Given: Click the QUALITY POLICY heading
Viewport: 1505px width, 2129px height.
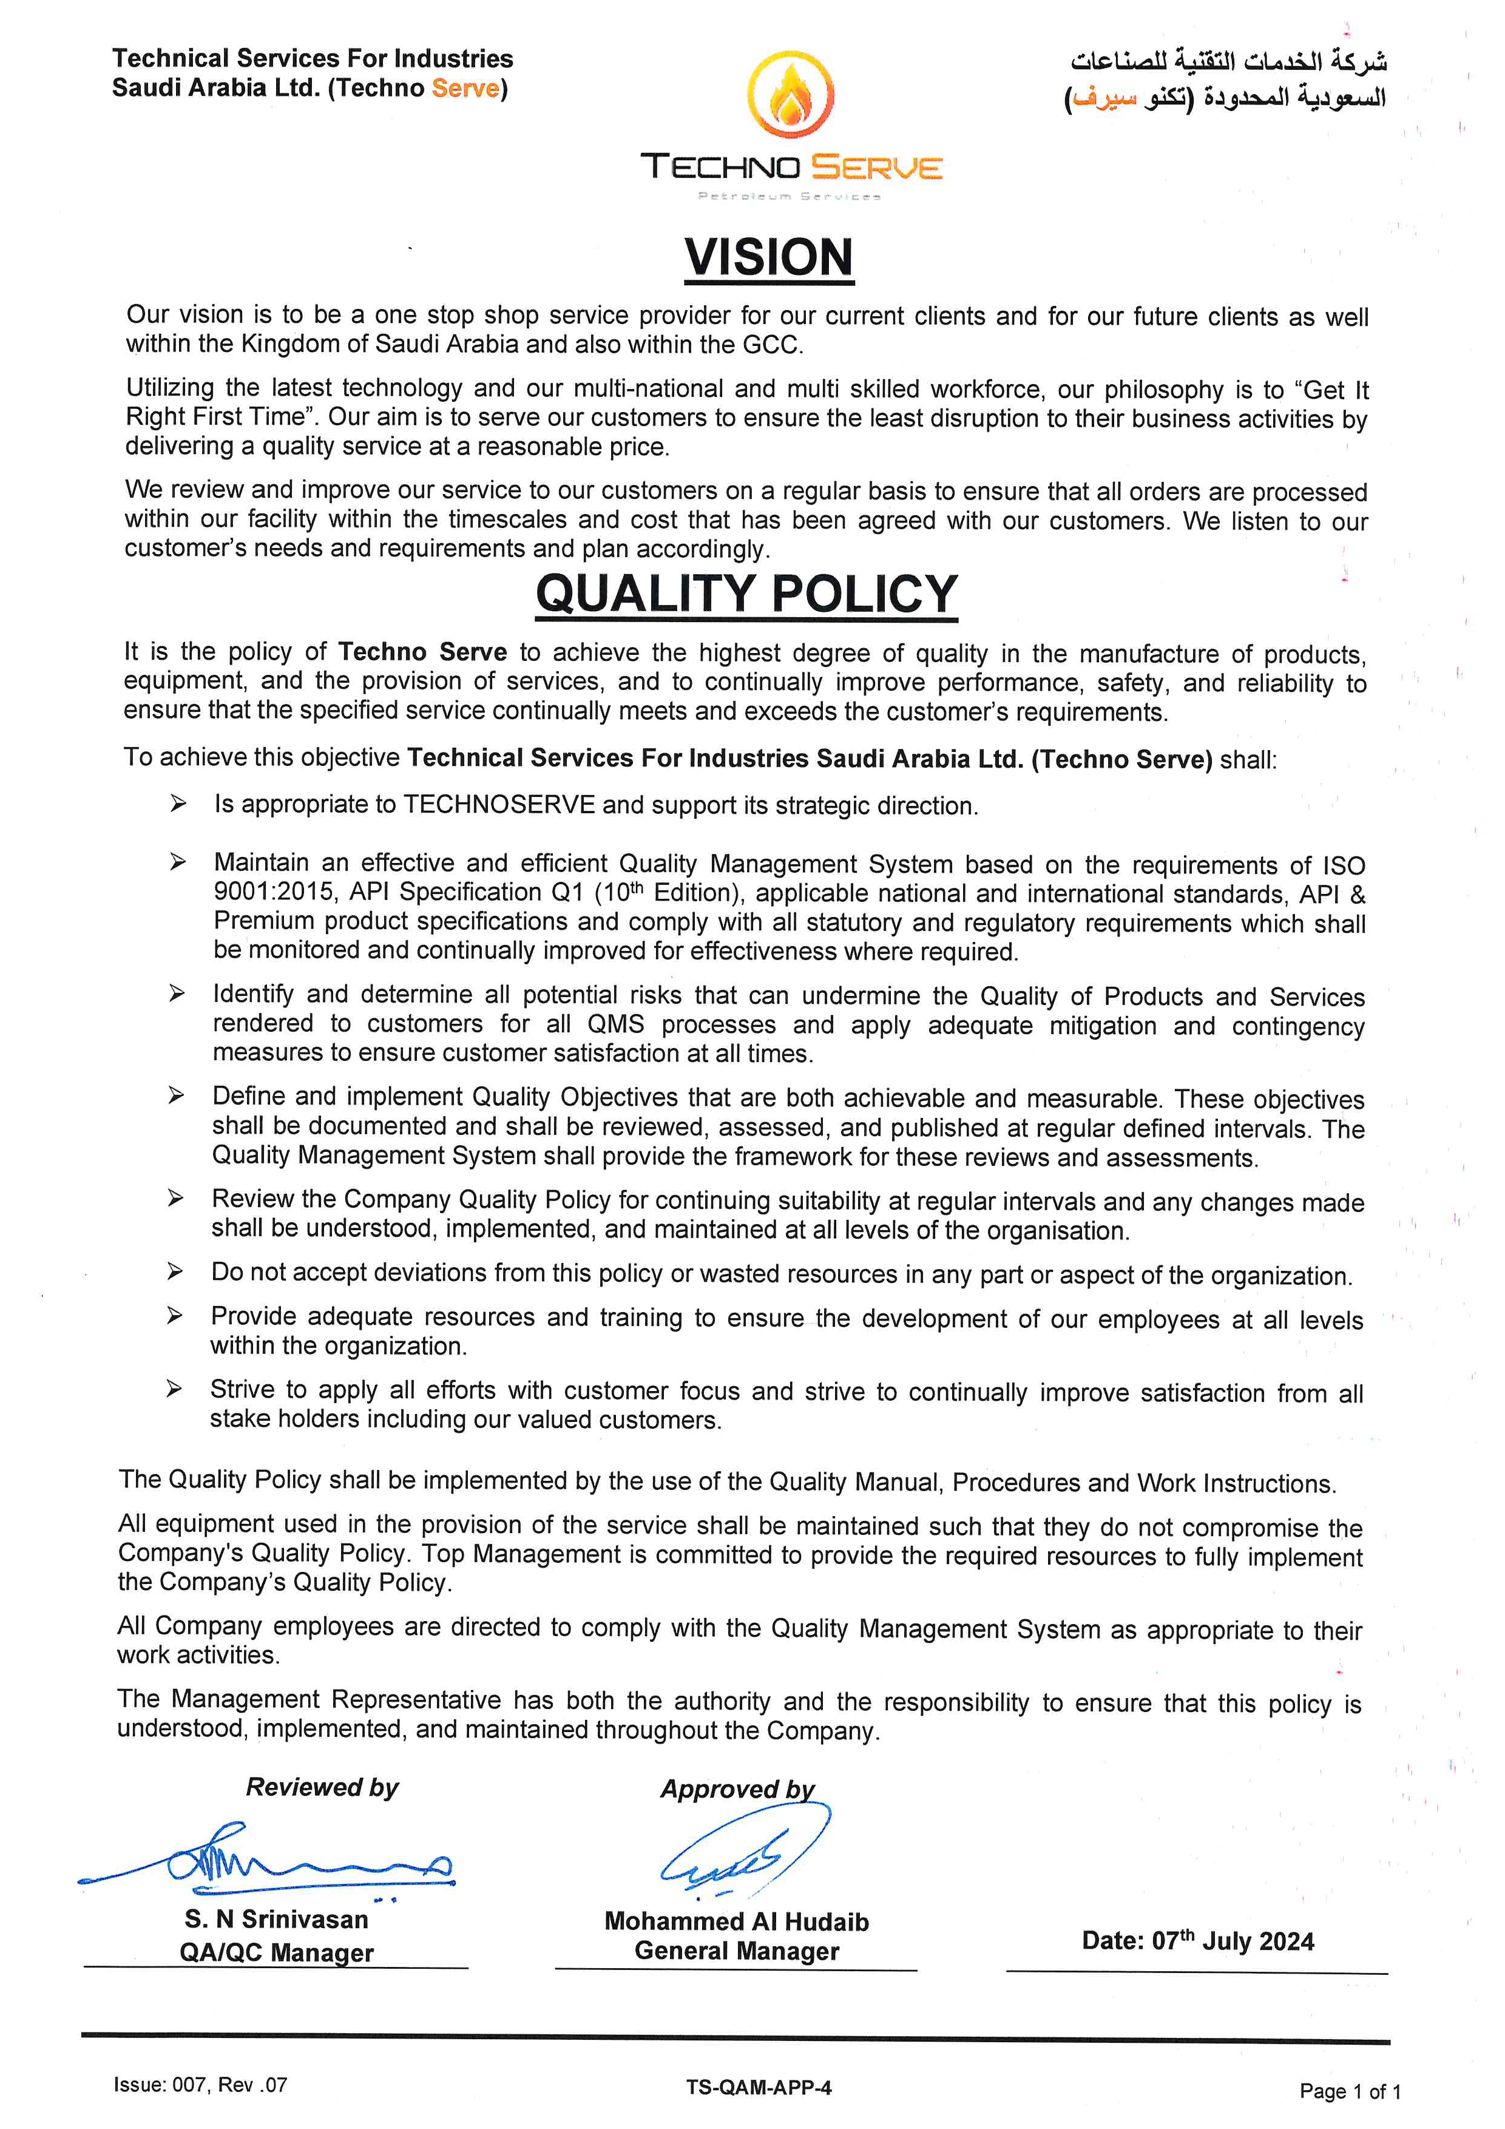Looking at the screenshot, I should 746,594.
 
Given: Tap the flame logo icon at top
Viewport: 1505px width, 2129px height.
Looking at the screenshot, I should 790,95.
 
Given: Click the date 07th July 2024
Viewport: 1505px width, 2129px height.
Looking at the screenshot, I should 1197,1941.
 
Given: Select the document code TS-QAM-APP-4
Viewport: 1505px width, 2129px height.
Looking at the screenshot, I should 759,2087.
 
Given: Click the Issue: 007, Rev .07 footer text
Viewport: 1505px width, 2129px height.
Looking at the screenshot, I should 200,2085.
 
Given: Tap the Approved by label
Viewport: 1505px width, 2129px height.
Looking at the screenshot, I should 737,1789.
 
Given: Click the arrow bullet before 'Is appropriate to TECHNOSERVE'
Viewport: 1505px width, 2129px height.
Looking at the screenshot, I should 178,803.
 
